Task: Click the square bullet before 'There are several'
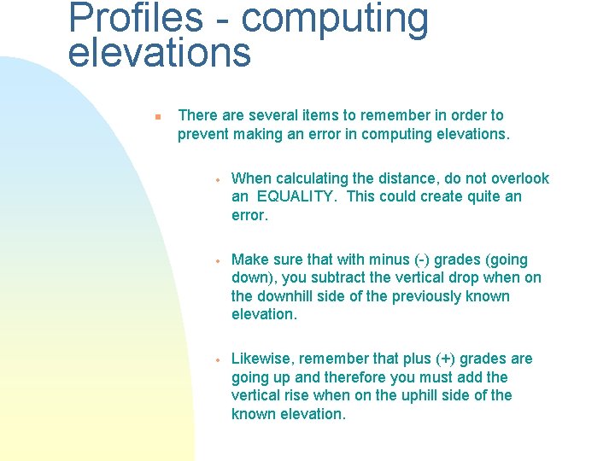(x=156, y=116)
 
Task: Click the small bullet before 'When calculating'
(x=219, y=180)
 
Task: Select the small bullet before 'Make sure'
(x=219, y=261)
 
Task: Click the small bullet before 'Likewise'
(x=219, y=360)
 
